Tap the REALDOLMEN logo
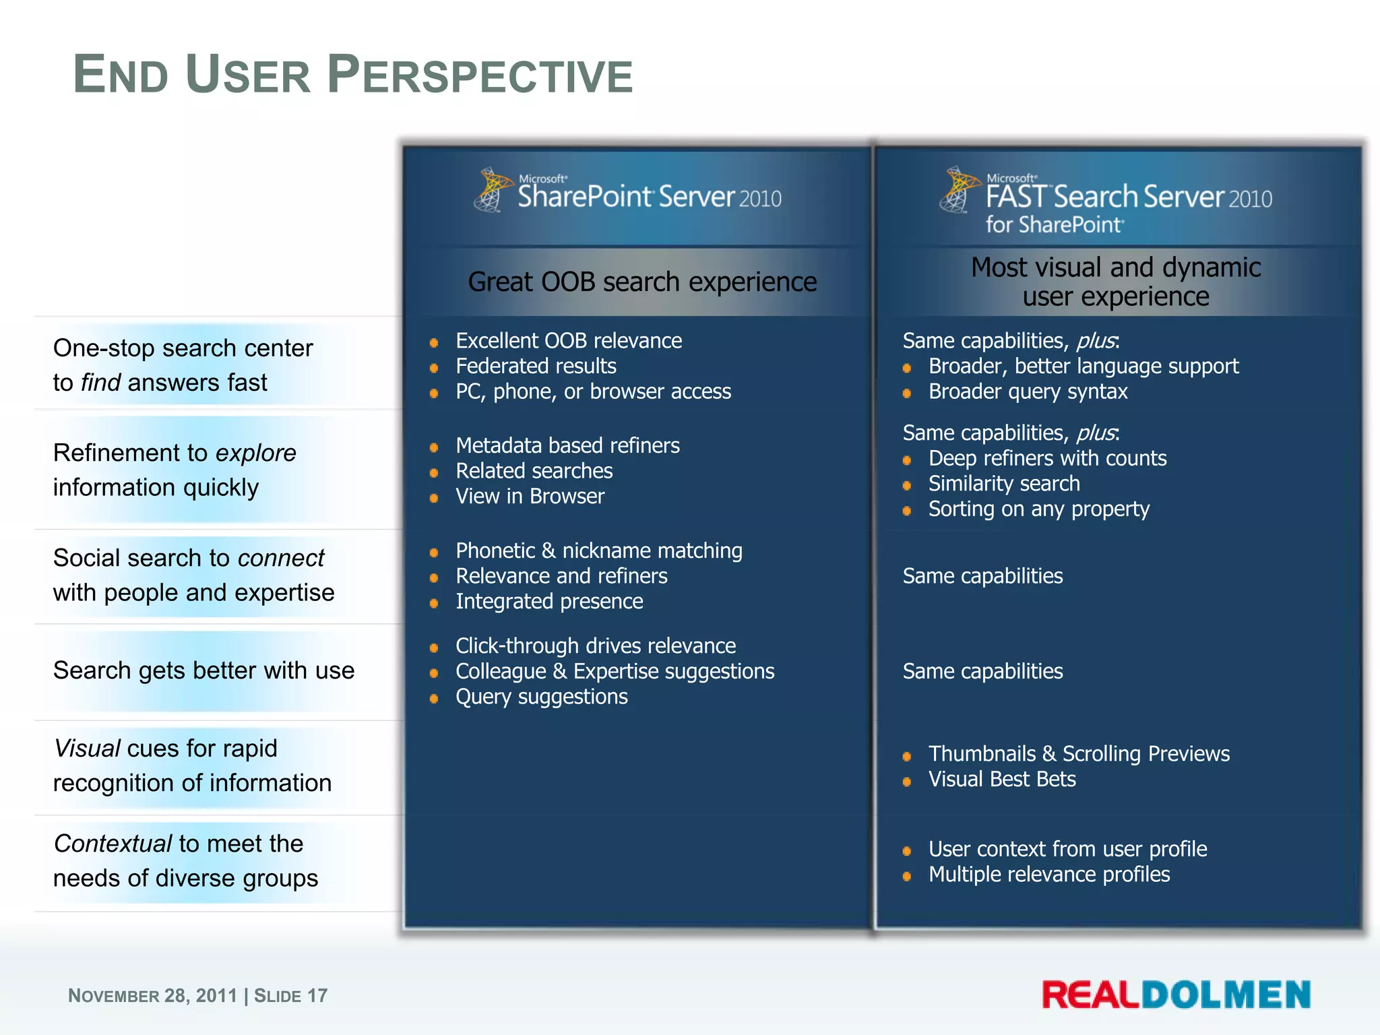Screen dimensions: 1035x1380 pos(1176,995)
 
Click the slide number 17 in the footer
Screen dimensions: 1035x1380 pos(317,995)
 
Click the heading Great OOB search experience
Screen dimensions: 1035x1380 pos(641,282)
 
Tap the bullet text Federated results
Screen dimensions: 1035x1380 pos(536,366)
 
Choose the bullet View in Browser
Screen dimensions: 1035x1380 pos(530,496)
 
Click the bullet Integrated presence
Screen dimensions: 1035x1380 pos(549,601)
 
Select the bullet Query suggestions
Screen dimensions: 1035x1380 pos(541,696)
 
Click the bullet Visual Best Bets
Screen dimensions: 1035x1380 pos(1002,779)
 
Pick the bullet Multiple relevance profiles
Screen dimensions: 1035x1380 pos(1048,874)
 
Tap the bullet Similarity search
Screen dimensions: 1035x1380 pos(1003,483)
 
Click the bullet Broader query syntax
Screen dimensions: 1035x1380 pos(1028,391)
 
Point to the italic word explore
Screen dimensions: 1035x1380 pos(255,453)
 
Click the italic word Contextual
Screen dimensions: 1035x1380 pos(113,843)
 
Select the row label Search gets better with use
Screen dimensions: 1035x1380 pos(203,670)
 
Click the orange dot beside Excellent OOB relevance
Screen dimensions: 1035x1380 pos(434,343)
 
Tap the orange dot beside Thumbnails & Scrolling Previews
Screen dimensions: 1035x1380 pos(907,756)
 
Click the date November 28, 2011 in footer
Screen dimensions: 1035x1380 pos(152,995)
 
